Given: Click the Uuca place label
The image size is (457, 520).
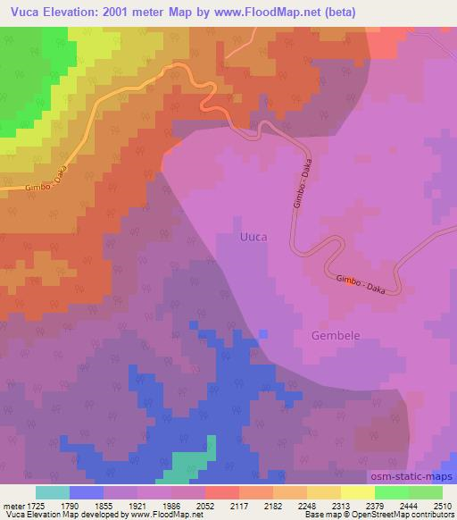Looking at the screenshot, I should pyautogui.click(x=253, y=238).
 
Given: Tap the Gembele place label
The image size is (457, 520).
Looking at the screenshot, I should pyautogui.click(x=337, y=336).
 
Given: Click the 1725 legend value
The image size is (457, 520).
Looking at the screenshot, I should pyautogui.click(x=36, y=506).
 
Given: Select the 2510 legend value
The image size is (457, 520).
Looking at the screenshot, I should pyautogui.click(x=442, y=506).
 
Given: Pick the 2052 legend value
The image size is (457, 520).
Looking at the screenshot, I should pyautogui.click(x=205, y=506).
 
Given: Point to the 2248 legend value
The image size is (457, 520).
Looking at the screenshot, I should pyautogui.click(x=306, y=506).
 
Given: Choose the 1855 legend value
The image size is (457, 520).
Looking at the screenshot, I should pyautogui.click(x=104, y=506).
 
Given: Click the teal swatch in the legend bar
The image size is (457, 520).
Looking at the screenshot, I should pyautogui.click(x=53, y=492).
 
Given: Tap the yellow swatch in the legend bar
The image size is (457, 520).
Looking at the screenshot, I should pyautogui.click(x=357, y=492).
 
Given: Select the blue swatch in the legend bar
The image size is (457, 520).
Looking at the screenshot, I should pyautogui.click(x=87, y=492).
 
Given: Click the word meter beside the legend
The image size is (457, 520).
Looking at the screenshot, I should pyautogui.click(x=12, y=506).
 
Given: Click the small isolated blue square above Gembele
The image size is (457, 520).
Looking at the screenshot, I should pyautogui.click(x=262, y=333).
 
